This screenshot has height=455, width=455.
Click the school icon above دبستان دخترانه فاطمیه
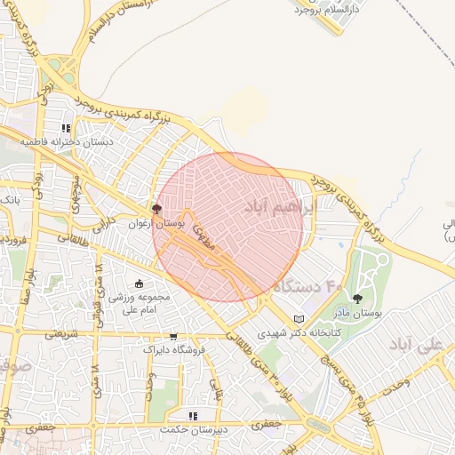[66, 128]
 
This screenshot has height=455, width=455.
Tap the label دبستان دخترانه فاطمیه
[82, 141]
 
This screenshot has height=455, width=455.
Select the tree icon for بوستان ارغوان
[157, 210]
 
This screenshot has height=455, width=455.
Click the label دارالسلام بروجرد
[316, 11]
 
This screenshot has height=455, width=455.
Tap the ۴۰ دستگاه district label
[307, 286]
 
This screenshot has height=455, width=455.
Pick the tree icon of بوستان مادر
[357, 299]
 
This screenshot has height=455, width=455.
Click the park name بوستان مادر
[357, 313]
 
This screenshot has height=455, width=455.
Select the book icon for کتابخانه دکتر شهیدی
[299, 319]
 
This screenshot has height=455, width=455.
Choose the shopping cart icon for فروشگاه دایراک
[173, 337]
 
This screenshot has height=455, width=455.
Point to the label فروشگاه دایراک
[174, 350]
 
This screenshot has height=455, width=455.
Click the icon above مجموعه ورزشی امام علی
[138, 283]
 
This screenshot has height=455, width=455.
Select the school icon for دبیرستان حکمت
[192, 415]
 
